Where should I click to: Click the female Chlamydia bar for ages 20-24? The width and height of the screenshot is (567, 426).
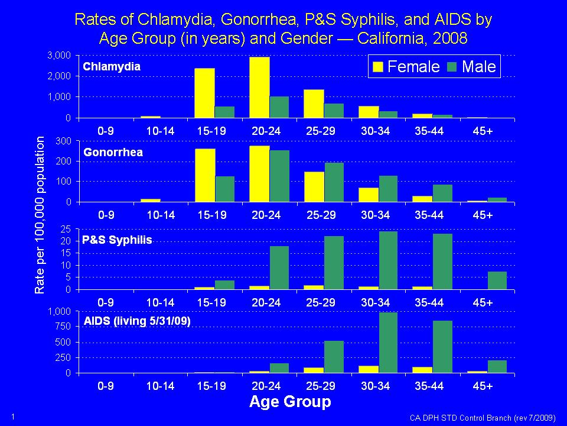click(260, 88)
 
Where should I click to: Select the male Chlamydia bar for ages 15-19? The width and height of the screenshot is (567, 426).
click(224, 112)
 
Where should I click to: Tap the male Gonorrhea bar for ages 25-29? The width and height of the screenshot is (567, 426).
click(334, 182)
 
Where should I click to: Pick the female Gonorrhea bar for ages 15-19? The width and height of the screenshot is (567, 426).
click(205, 175)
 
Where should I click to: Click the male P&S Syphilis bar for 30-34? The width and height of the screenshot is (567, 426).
click(389, 260)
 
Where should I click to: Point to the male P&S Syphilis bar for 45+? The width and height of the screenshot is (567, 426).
click(497, 280)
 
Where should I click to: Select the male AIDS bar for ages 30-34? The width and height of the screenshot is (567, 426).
click(389, 343)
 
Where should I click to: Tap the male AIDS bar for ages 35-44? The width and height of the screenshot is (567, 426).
click(442, 347)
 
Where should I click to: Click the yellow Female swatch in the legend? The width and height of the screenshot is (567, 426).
click(377, 67)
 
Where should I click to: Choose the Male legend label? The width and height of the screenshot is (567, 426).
click(478, 66)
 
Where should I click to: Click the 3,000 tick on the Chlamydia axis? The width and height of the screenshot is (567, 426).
click(60, 56)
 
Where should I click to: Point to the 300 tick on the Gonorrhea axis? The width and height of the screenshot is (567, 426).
click(64, 141)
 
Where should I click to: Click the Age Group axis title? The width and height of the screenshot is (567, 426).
click(290, 402)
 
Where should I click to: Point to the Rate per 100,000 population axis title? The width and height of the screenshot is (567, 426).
click(40, 215)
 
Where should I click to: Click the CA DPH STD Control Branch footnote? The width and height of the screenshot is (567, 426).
click(483, 418)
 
